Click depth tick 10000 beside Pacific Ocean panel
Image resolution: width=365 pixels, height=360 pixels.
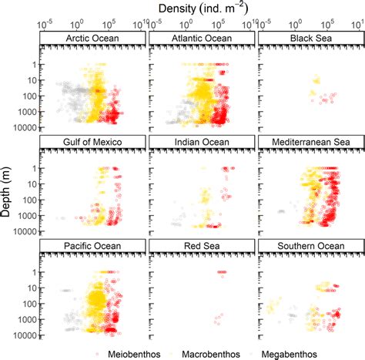[25, 336]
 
